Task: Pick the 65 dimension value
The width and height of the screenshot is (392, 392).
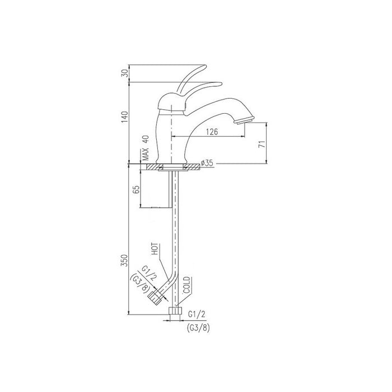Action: click(x=136, y=189)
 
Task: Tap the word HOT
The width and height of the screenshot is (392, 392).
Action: click(x=155, y=249)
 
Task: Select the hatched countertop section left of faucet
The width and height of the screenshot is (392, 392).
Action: click(x=150, y=166)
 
